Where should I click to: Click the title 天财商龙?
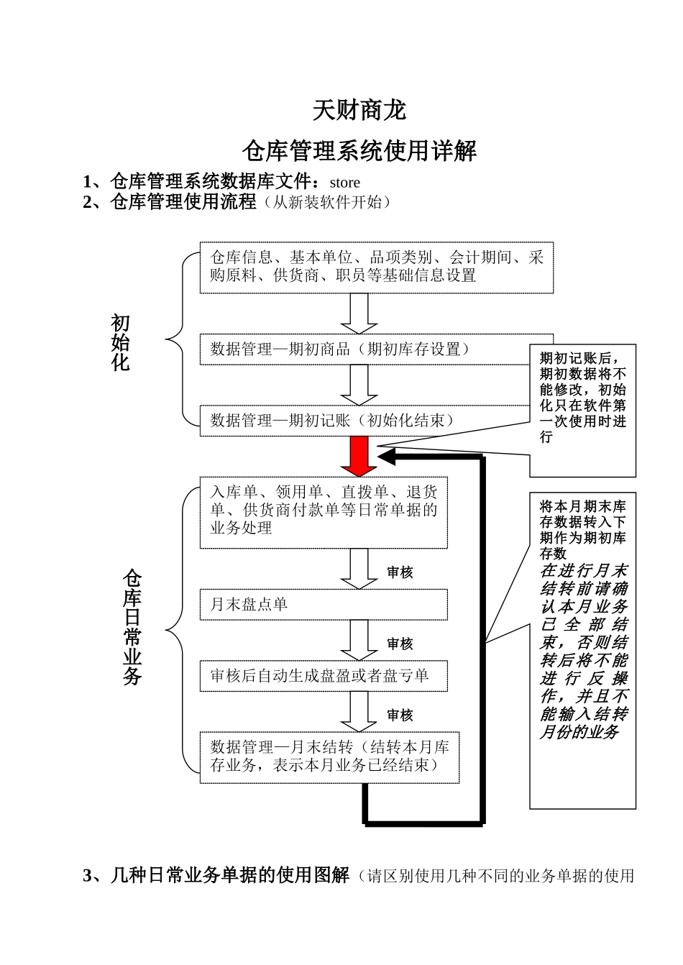point(359,111)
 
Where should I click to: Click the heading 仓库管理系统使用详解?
point(359,152)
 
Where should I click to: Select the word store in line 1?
point(344,183)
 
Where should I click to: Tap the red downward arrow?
point(359,456)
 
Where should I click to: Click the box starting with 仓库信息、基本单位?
point(377,267)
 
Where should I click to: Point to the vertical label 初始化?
point(121,343)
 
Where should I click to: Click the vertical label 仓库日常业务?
point(132,627)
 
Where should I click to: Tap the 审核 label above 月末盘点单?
point(400,572)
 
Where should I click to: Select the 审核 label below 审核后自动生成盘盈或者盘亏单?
point(400,715)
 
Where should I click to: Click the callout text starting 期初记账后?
point(583,396)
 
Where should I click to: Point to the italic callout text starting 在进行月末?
point(584,651)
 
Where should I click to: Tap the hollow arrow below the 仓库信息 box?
point(359,313)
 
